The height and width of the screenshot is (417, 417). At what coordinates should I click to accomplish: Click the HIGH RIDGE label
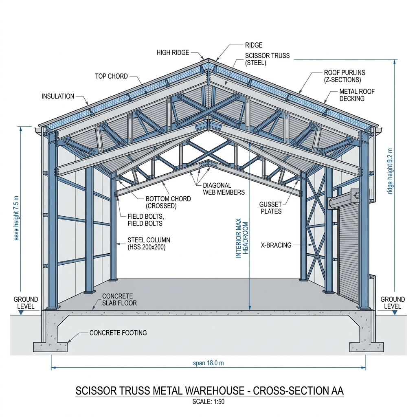coord(173,53)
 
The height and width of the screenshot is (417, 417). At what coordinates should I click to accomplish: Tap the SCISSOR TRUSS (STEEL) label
coord(267,59)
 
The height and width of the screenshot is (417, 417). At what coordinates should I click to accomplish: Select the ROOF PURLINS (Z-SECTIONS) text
coord(345,76)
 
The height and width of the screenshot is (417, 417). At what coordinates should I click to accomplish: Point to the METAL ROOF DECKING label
coord(357,95)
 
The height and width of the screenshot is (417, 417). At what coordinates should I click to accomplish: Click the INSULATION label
coord(58,96)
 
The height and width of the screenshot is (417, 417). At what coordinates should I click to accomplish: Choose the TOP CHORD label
coord(112,76)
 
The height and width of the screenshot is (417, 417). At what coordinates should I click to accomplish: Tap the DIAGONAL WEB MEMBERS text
coord(224,189)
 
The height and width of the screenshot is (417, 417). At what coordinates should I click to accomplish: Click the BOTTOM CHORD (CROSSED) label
coord(168,202)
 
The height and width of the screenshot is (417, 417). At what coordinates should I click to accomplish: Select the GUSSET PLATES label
coord(271,208)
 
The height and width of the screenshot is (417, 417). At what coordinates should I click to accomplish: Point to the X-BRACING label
coord(276,245)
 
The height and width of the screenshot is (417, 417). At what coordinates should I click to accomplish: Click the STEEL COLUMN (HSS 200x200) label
coord(149,244)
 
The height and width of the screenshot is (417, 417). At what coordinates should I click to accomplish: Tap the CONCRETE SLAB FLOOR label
coord(119,299)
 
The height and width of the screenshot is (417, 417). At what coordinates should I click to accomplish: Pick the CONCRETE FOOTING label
coord(118,333)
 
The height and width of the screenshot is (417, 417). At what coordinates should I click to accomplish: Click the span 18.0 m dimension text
coord(208,363)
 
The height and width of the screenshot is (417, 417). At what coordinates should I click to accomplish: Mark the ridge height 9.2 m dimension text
coord(390,171)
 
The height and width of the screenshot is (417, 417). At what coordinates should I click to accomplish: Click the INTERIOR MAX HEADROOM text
coord(242,238)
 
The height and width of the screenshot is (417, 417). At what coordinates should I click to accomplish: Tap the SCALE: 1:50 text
coord(208,402)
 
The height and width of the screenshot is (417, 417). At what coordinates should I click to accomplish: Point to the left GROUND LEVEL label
coord(26,303)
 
